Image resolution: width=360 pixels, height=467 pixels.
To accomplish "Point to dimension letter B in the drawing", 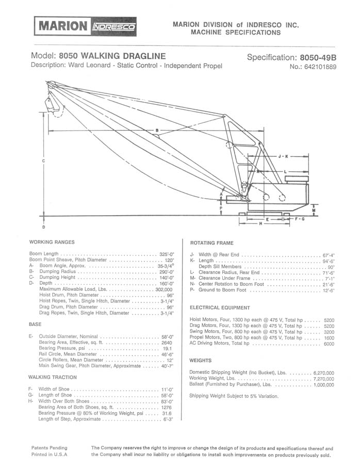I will (157, 130).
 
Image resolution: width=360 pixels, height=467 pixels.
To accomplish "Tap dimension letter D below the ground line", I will (43, 227).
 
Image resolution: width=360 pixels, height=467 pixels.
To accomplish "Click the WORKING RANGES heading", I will (52, 242).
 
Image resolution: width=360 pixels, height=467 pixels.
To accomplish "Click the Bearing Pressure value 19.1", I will (167, 348).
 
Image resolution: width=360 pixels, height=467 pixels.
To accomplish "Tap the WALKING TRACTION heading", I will (53, 377).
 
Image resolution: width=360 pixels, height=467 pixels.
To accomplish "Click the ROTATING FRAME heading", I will (212, 243).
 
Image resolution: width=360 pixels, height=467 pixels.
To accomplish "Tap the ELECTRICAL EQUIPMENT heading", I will (220, 308).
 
